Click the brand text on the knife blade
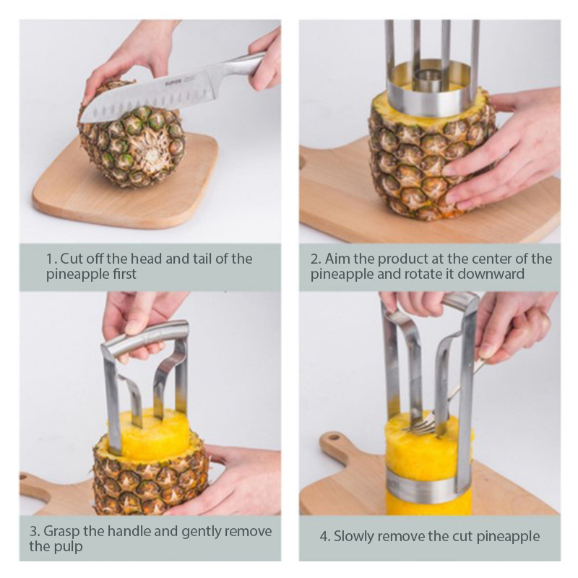tap(172, 84)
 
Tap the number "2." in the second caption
tap(316, 259)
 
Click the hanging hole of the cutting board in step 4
tap(334, 438)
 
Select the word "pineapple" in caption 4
tap(508, 537)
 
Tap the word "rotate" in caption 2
tap(428, 275)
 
